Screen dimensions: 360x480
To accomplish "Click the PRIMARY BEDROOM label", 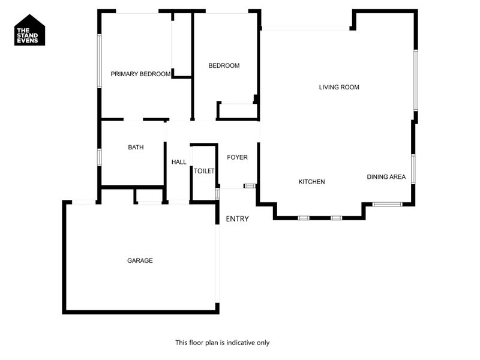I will (x=141, y=74).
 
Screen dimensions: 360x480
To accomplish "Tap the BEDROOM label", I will (x=224, y=66).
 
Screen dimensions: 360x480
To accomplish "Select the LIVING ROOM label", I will (x=339, y=87).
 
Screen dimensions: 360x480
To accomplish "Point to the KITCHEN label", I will (x=311, y=181).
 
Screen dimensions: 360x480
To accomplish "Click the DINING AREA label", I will (x=386, y=177).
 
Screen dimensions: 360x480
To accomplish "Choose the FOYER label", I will (x=237, y=157).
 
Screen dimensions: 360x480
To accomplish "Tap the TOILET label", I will (x=204, y=171).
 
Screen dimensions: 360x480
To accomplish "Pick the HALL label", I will (x=179, y=162).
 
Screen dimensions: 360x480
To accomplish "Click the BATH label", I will (x=136, y=147).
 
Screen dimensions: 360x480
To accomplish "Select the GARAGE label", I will (x=140, y=260).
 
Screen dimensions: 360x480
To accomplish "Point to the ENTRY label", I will (x=237, y=219).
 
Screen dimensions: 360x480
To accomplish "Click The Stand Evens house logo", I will (x=30, y=30).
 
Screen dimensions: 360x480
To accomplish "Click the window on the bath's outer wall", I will (x=100, y=156).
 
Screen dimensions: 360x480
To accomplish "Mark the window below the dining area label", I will (x=386, y=205).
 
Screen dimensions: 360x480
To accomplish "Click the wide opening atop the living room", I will (x=306, y=28).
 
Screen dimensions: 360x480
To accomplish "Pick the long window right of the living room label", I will (x=415, y=80).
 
